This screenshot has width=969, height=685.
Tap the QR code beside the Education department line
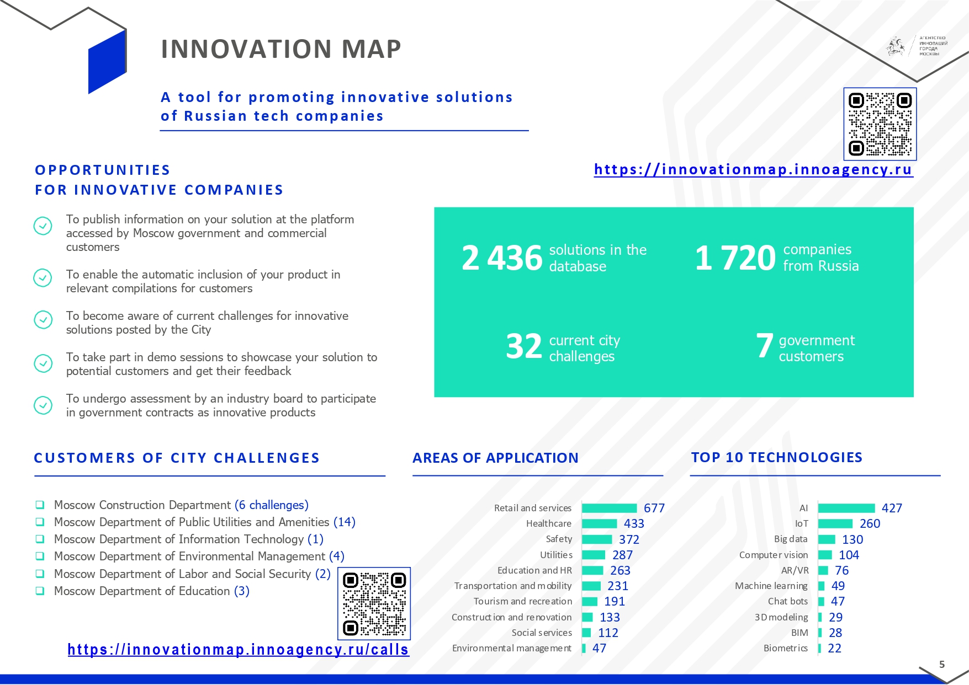point(374,603)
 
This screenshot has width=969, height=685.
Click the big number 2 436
point(502,258)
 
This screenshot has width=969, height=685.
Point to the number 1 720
point(735,258)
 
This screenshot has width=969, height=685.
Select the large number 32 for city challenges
point(524,346)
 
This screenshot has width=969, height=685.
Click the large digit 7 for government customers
point(765,346)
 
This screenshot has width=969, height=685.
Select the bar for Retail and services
point(610,508)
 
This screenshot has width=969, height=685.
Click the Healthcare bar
point(600,523)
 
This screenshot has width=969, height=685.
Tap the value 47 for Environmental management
point(600,648)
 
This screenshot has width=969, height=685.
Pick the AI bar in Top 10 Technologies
point(847,508)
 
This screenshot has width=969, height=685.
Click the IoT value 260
point(870,523)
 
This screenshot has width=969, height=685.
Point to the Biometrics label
point(786,648)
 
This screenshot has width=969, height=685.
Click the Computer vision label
point(774,555)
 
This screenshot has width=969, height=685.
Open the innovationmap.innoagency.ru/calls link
point(238,650)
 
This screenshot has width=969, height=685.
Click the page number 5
point(942,665)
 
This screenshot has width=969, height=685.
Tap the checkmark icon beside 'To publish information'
point(43,226)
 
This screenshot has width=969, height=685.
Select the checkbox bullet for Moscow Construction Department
point(40,505)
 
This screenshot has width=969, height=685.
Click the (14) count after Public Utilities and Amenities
point(345,522)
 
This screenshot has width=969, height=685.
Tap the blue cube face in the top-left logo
point(108,62)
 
